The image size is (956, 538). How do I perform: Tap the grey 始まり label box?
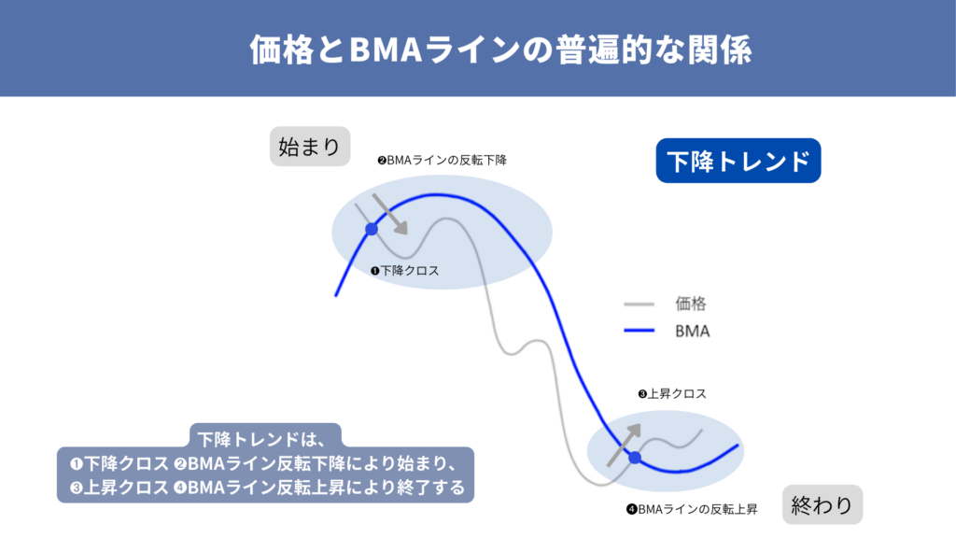click(x=309, y=147)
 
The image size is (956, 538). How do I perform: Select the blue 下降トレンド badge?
click(x=738, y=161)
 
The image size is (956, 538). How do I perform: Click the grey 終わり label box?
click(x=822, y=505)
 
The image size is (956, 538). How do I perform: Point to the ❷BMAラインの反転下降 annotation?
click(x=442, y=160)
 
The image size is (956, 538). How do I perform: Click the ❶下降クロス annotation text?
click(x=404, y=270)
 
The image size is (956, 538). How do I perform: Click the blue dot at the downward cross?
click(x=372, y=229)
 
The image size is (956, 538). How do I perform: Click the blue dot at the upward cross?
click(x=635, y=458)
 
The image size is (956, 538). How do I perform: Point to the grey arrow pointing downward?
click(x=389, y=214)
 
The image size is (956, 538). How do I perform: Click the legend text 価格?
click(x=691, y=304)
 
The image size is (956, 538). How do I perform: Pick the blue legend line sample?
click(x=639, y=331)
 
